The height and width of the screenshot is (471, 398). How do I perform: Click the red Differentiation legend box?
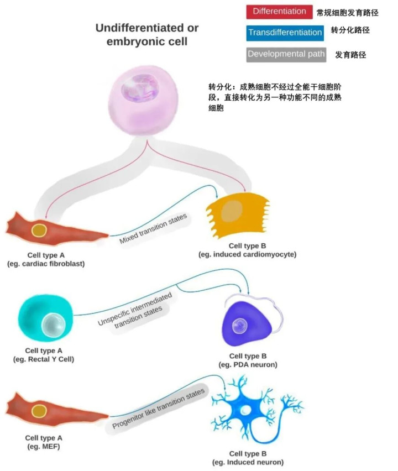click(x=279, y=12)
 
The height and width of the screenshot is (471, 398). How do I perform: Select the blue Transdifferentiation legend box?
click(x=285, y=32)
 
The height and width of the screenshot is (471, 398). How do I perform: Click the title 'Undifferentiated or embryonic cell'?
click(x=146, y=34)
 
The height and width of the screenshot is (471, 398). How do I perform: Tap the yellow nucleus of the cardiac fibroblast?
click(x=39, y=230)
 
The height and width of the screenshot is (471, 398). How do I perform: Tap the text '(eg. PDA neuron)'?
click(x=248, y=365)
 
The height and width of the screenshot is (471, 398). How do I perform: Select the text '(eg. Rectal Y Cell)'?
click(x=43, y=359)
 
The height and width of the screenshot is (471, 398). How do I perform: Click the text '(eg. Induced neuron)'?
click(x=248, y=462)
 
